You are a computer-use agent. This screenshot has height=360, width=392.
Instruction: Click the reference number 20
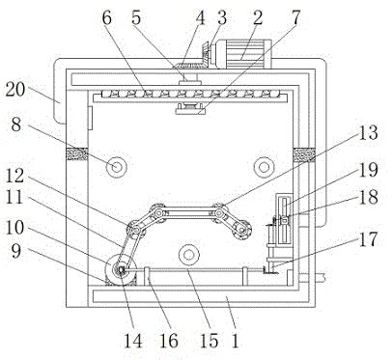15,90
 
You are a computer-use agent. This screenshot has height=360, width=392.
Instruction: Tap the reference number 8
16,125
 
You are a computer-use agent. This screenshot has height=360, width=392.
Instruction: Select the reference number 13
368,132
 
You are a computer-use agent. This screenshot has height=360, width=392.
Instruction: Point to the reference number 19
368,170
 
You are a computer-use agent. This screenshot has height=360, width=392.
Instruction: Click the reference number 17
368,239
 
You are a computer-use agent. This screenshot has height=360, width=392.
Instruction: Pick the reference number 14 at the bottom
133,341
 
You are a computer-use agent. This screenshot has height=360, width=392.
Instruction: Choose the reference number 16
169,341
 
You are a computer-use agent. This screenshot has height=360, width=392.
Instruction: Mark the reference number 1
236,341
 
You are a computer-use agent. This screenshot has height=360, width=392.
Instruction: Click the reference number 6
107,17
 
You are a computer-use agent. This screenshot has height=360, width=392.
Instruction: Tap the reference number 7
295,17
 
